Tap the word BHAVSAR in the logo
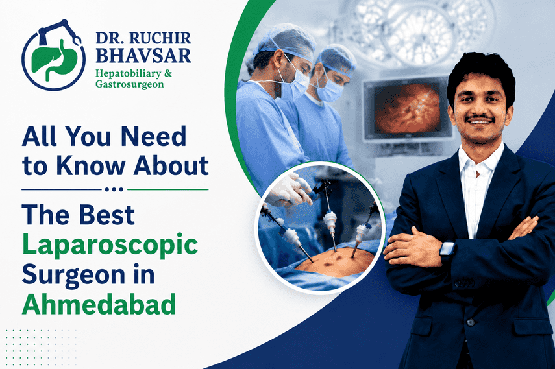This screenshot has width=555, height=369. (143, 56)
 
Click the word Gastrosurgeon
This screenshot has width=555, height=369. (130, 84)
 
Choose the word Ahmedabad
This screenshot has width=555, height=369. (99, 304)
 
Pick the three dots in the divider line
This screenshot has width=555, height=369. (114, 189)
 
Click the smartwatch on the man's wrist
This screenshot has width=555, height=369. (447, 252)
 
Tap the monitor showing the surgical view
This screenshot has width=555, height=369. (407, 110)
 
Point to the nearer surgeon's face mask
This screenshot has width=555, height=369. (293, 85)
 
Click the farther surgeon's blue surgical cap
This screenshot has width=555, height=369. (336, 58)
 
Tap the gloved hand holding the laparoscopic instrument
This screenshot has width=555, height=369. (288, 191)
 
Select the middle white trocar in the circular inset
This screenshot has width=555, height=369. (330, 222)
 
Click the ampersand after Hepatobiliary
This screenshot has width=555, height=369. (167, 73)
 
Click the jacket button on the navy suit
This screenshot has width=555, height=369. (470, 322)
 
